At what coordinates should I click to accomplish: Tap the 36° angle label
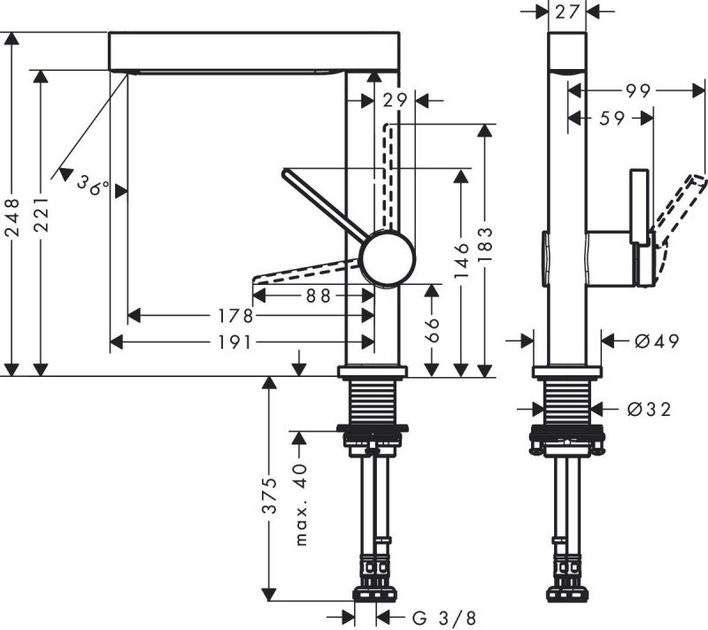pos(92,185)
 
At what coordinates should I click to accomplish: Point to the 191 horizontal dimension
pos(240,342)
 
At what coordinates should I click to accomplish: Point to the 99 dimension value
pos(634,90)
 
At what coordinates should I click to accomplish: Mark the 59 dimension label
pos(611,117)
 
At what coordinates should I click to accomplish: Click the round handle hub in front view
pos(388,258)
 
